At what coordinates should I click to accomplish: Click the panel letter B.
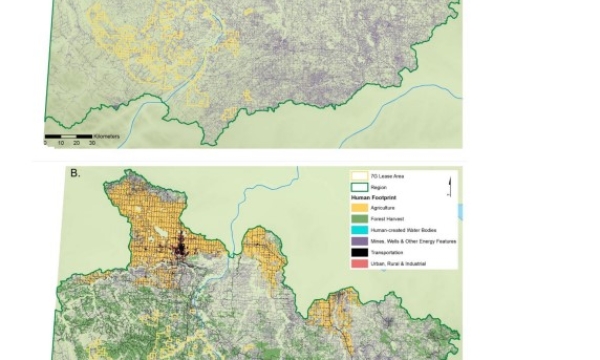74,172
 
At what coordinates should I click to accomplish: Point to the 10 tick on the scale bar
60,143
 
